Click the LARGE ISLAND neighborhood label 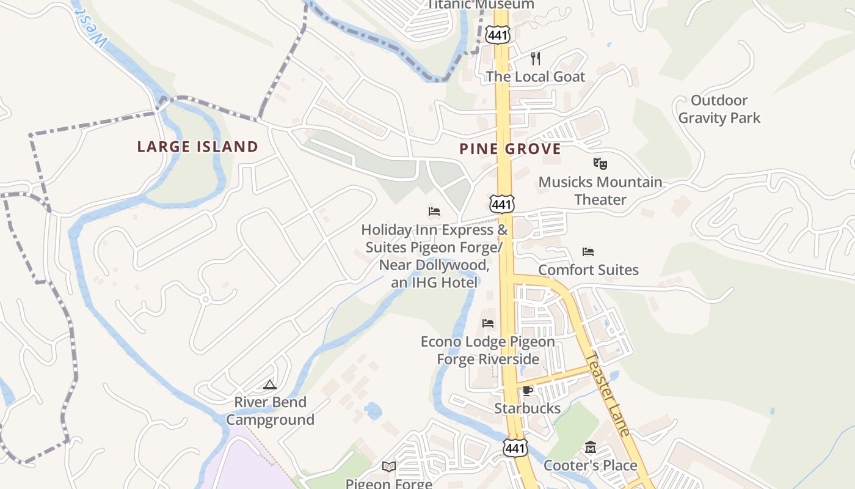click(x=198, y=147)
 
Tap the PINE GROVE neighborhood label click(x=510, y=149)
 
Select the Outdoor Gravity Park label click(x=719, y=109)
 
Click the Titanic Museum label click(x=480, y=4)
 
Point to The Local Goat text click(x=536, y=76)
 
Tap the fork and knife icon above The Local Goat click(x=536, y=59)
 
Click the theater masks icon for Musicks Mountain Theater click(x=600, y=163)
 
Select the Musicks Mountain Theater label click(x=600, y=191)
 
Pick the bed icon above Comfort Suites click(x=588, y=252)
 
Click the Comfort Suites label click(x=588, y=270)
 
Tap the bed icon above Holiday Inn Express click(x=434, y=211)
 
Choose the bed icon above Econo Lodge click(x=487, y=323)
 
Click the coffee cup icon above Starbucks click(x=528, y=391)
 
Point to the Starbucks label click(x=528, y=408)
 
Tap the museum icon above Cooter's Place click(x=590, y=448)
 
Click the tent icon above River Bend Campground click(x=270, y=384)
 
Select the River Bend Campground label click(x=270, y=411)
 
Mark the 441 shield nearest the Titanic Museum click(x=498, y=35)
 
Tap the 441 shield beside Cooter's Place click(x=515, y=448)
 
